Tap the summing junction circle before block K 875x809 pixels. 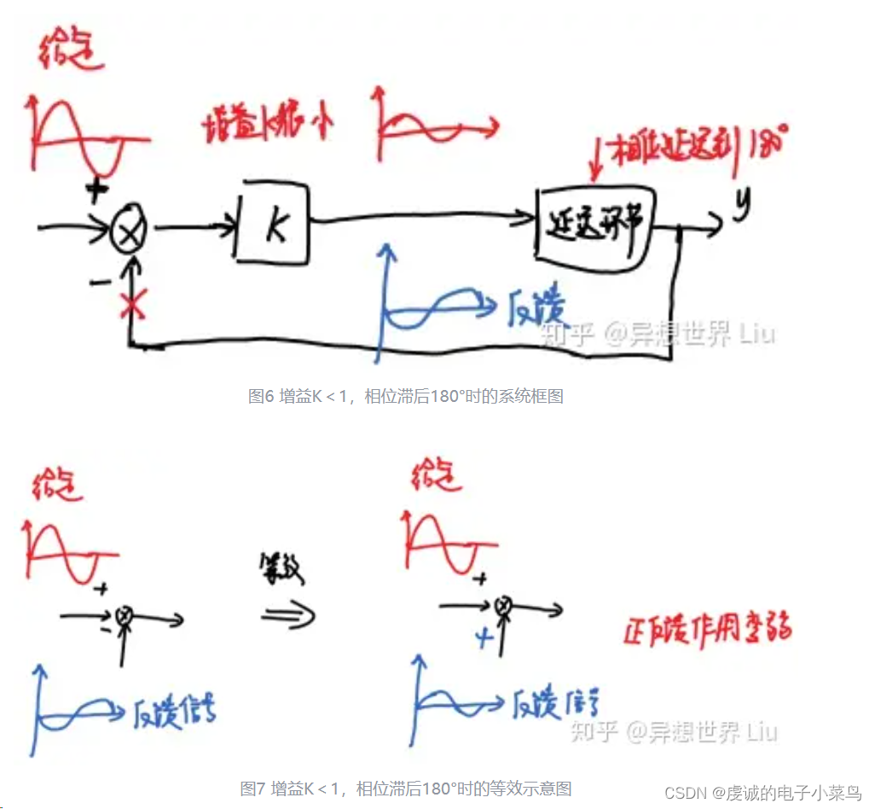tap(130, 229)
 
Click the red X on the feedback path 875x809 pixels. tap(130, 305)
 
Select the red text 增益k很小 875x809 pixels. tap(268, 125)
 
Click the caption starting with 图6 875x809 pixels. tap(405, 396)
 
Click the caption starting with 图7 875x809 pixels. tap(405, 788)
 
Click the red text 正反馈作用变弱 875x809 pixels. tap(706, 629)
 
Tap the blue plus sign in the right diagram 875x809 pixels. tap(485, 637)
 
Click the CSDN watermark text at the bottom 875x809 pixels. tap(762, 793)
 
